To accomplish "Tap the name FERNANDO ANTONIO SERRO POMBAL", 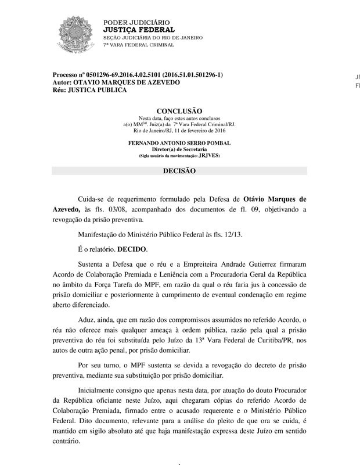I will click(179, 142).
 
